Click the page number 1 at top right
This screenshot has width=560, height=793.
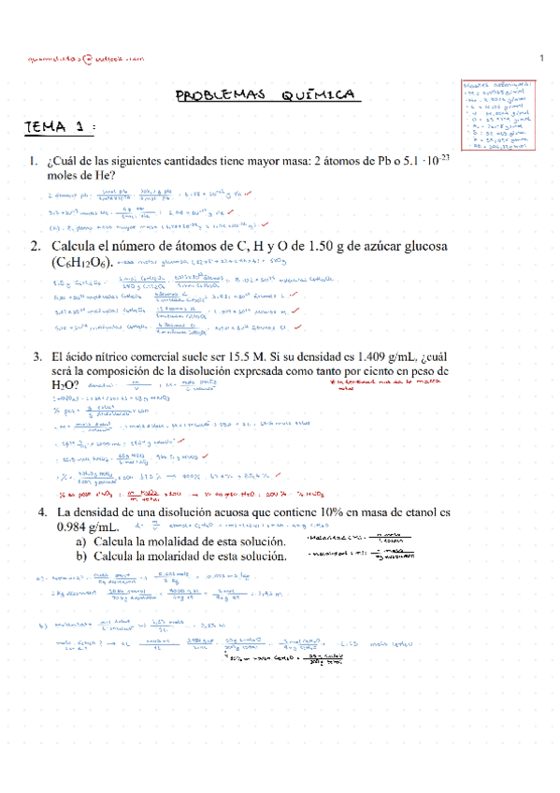coord(541,61)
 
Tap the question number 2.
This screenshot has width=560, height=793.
coord(33,247)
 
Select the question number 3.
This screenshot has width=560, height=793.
coord(36,356)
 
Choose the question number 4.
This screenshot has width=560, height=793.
coord(43,512)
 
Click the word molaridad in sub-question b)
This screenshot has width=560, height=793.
coord(169,557)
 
